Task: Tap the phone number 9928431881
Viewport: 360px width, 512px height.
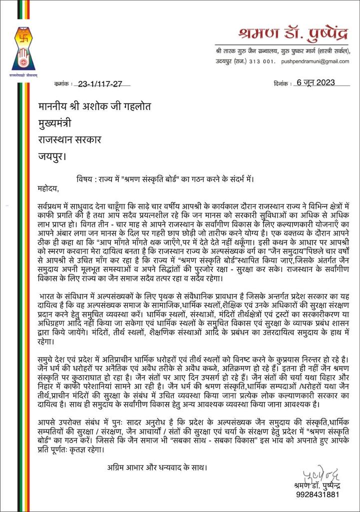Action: pos(318,494)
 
